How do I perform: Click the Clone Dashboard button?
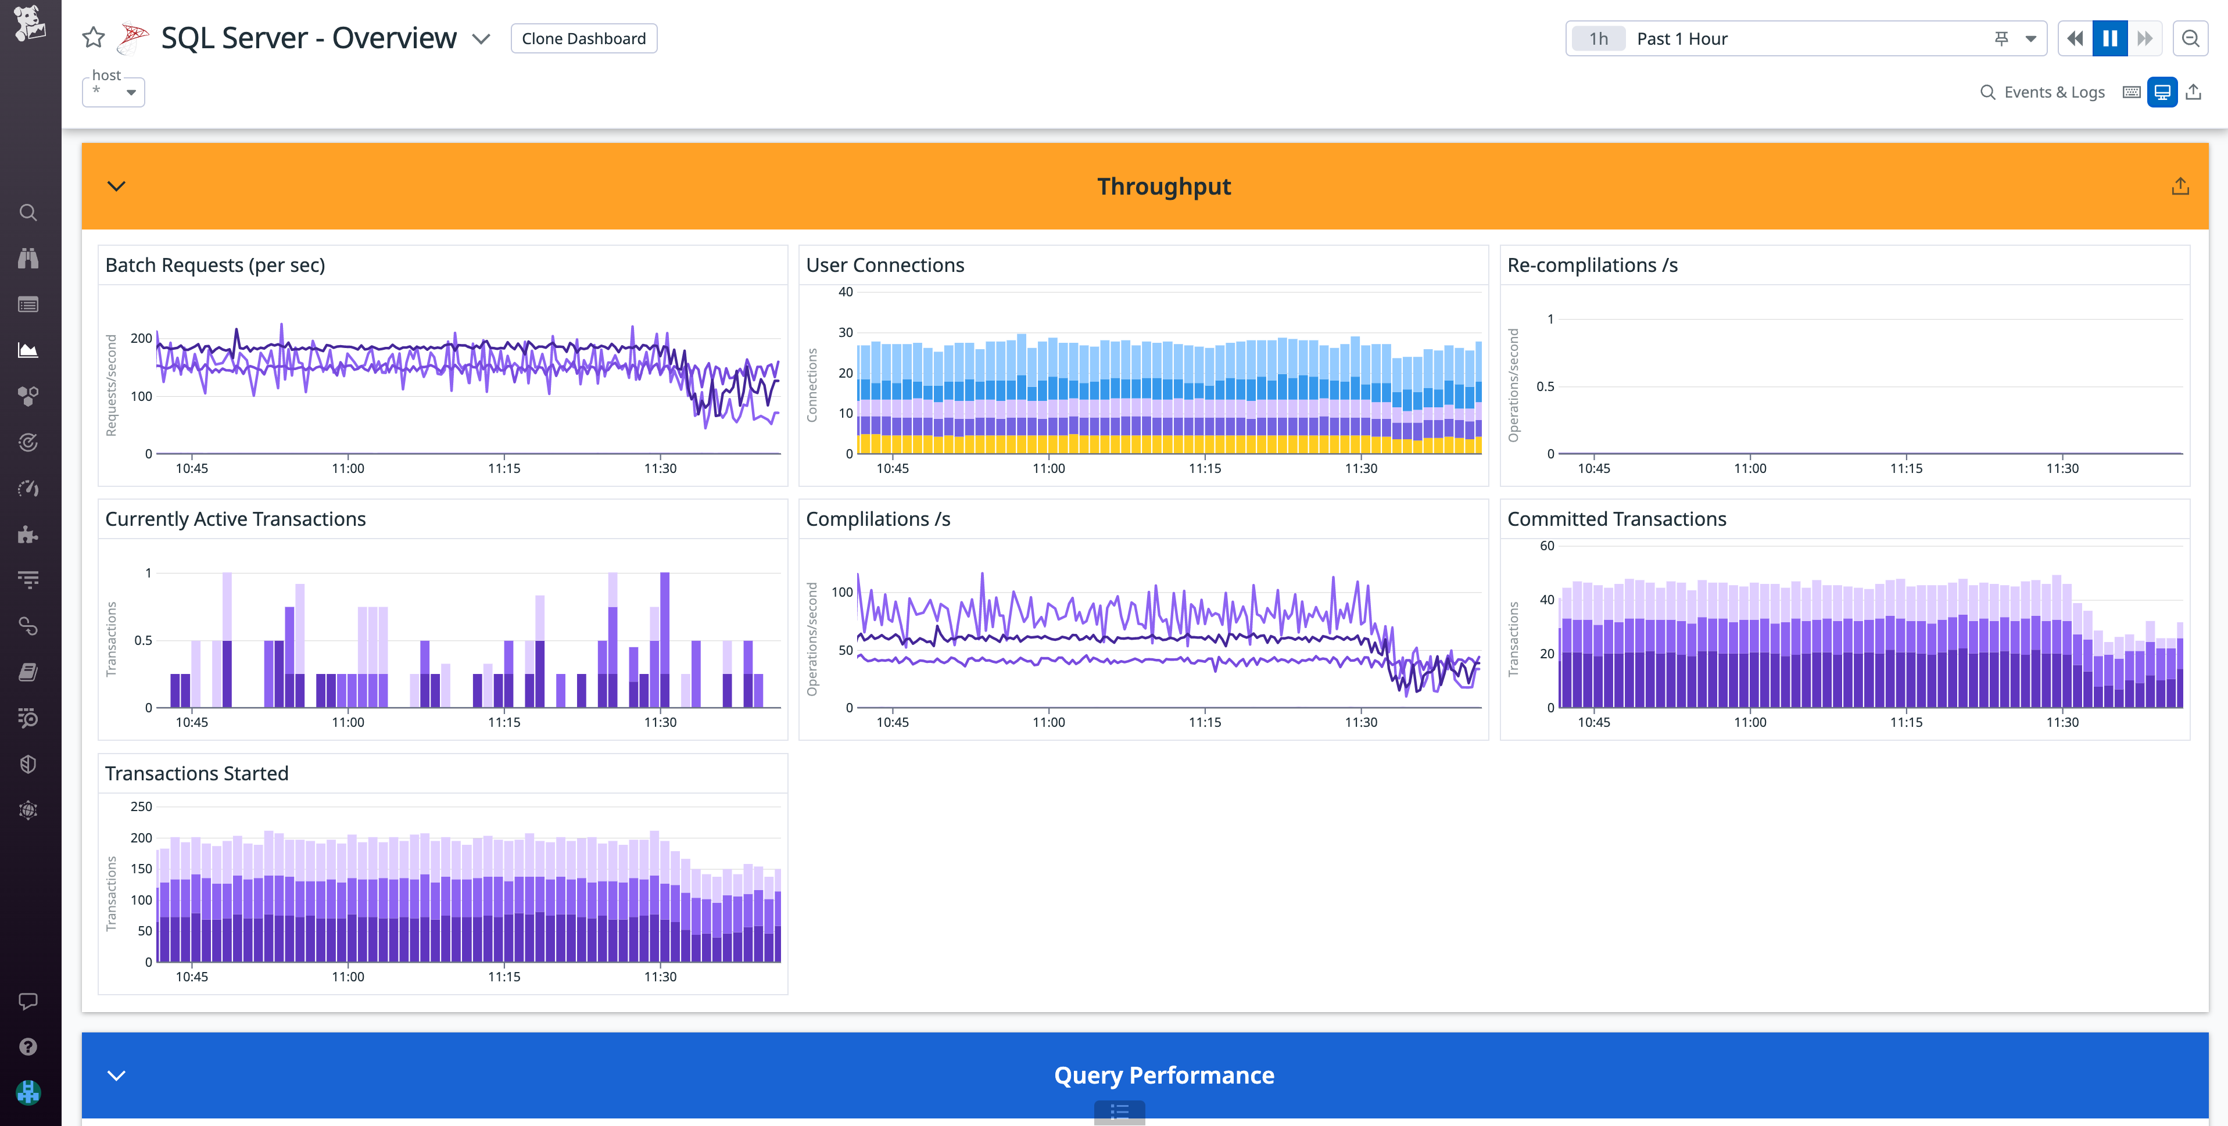pyautogui.click(x=584, y=38)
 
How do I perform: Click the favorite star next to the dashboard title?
pyautogui.click(x=94, y=38)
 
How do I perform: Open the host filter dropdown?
pyautogui.click(x=113, y=91)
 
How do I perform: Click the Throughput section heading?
pyautogui.click(x=1163, y=186)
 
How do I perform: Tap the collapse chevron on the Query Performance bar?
pyautogui.click(x=116, y=1075)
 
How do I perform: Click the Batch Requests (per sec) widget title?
pyautogui.click(x=214, y=264)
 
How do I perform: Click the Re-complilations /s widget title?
pyautogui.click(x=1592, y=264)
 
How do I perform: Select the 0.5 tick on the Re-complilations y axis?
pyautogui.click(x=1545, y=386)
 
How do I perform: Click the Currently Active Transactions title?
pyautogui.click(x=235, y=519)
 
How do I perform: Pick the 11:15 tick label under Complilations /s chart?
pyautogui.click(x=1204, y=722)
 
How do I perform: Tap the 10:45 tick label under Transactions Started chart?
pyautogui.click(x=191, y=976)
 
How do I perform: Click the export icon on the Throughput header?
pyautogui.click(x=2180, y=186)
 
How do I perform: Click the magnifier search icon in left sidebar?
pyautogui.click(x=28, y=213)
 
